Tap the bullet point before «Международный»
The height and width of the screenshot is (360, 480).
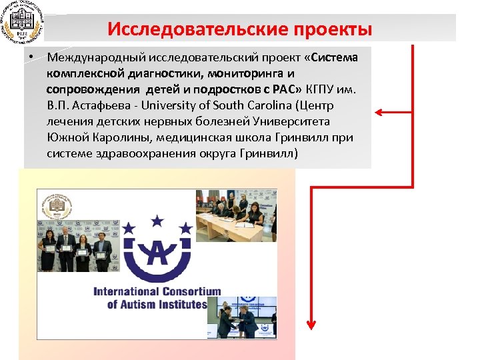[31, 57]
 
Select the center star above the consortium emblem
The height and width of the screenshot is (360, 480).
[158, 219]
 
